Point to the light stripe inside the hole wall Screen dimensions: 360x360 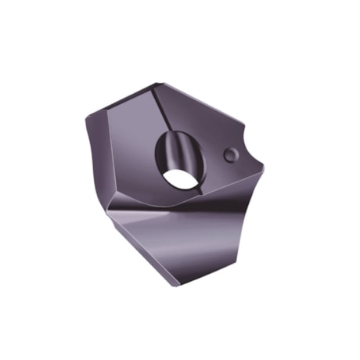[x=188, y=149]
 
